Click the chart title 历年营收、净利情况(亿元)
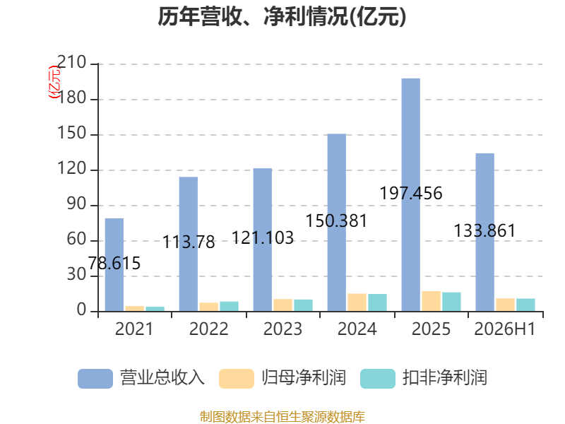pos(282,16)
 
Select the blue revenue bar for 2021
pos(114,264)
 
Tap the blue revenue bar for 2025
pos(411,195)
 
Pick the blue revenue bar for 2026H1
pos(485,232)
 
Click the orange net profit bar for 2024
pos(357,302)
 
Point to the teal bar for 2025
pos(451,302)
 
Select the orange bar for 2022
pos(208,307)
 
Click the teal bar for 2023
pos(303,305)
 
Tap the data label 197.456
pos(411,193)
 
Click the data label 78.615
pos(114,263)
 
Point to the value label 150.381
pos(337,220)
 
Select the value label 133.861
pos(484,231)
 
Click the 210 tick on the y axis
pos(72,62)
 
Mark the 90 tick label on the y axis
pos(76,204)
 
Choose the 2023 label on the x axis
pos(283,329)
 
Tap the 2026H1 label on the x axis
pos(505,329)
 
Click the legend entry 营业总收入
pos(141,378)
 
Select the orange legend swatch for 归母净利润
pos(237,379)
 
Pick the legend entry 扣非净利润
pos(424,378)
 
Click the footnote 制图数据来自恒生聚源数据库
pos(282,417)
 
